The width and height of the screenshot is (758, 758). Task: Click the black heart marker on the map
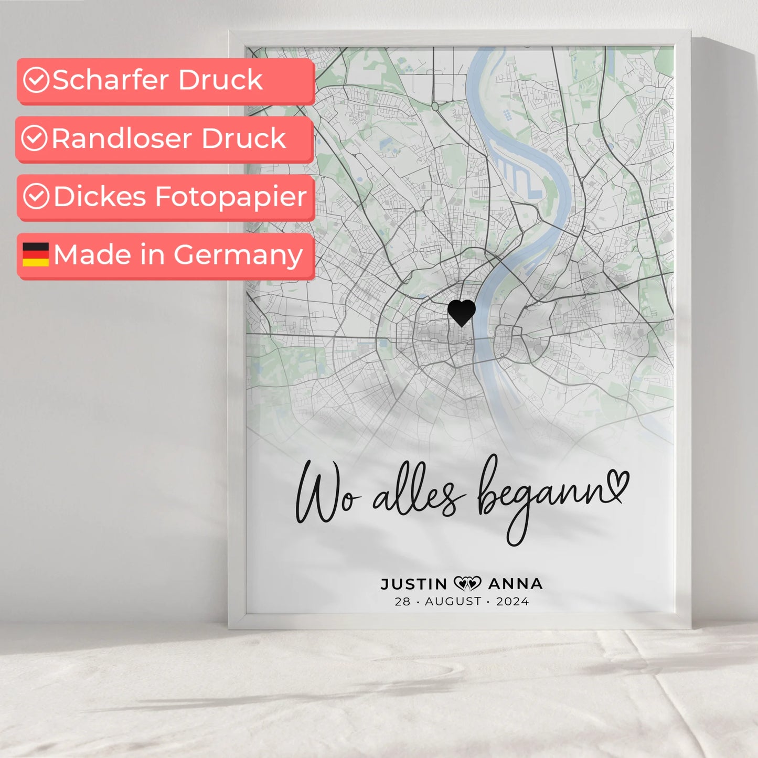462,313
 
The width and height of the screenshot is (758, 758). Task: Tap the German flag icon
36,254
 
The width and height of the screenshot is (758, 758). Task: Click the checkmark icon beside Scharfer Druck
36,80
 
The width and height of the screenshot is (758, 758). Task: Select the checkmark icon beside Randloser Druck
35,138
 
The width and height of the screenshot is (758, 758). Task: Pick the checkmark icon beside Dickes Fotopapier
36,197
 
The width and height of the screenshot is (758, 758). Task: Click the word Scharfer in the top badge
111,80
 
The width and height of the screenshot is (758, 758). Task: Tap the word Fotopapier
231,197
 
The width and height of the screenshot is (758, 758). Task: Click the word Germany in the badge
238,255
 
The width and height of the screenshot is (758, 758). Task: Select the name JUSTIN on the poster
414,584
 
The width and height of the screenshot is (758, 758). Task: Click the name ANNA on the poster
515,584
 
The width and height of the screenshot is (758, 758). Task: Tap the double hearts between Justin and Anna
467,583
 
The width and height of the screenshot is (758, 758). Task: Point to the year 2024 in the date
513,602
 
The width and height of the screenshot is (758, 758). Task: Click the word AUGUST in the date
453,602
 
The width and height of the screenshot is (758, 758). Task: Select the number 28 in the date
402,602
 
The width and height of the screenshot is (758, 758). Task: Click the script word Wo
325,493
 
